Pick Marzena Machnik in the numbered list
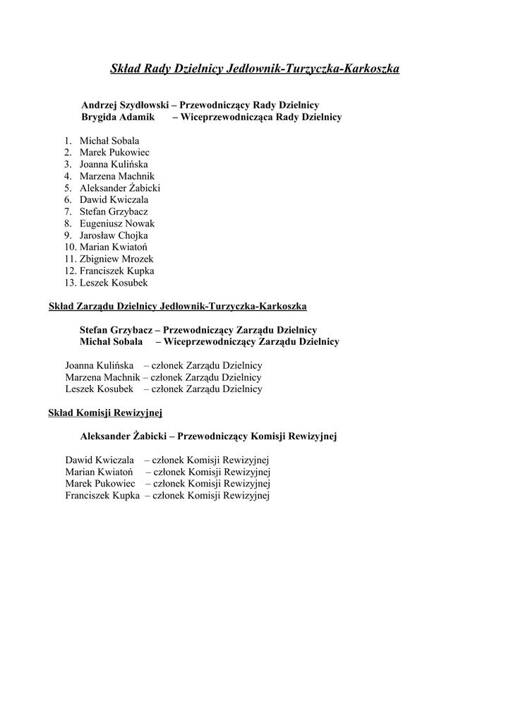coord(117,176)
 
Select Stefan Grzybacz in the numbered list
coord(114,212)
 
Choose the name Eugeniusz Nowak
coord(117,224)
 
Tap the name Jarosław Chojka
coord(114,235)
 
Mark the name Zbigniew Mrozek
coord(116,259)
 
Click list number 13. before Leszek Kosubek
coord(70,283)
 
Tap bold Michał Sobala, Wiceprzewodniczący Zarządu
coord(111,342)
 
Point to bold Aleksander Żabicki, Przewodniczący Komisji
coord(124,436)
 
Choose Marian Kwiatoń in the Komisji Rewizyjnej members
coord(95,472)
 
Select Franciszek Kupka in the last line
coord(102,496)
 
